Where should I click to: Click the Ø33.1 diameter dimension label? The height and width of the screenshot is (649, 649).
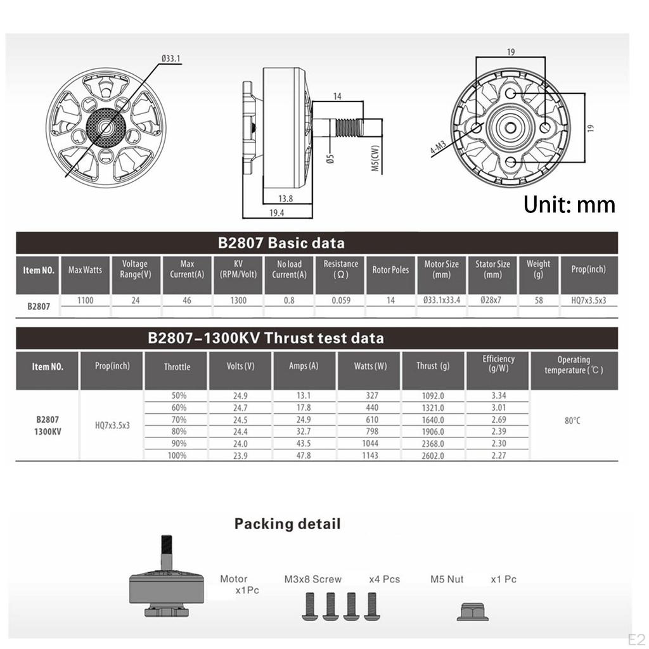[171, 58]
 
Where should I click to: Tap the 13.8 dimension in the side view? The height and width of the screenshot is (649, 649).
[285, 199]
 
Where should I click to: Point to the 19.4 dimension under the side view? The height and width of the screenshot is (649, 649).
[276, 214]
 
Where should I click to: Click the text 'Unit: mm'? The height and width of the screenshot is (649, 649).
[569, 204]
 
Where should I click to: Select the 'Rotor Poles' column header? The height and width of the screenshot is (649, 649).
[390, 270]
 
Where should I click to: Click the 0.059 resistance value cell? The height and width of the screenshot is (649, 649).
[340, 300]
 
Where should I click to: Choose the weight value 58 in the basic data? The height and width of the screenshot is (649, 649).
[538, 300]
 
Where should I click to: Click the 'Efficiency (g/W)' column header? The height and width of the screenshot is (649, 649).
[498, 364]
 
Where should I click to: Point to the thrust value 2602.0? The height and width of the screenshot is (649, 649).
[433, 456]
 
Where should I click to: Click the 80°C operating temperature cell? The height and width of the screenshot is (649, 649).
[572, 420]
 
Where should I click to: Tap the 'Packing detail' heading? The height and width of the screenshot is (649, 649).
[287, 524]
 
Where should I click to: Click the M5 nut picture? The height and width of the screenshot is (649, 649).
[472, 610]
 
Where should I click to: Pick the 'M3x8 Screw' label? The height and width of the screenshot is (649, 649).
[312, 579]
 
